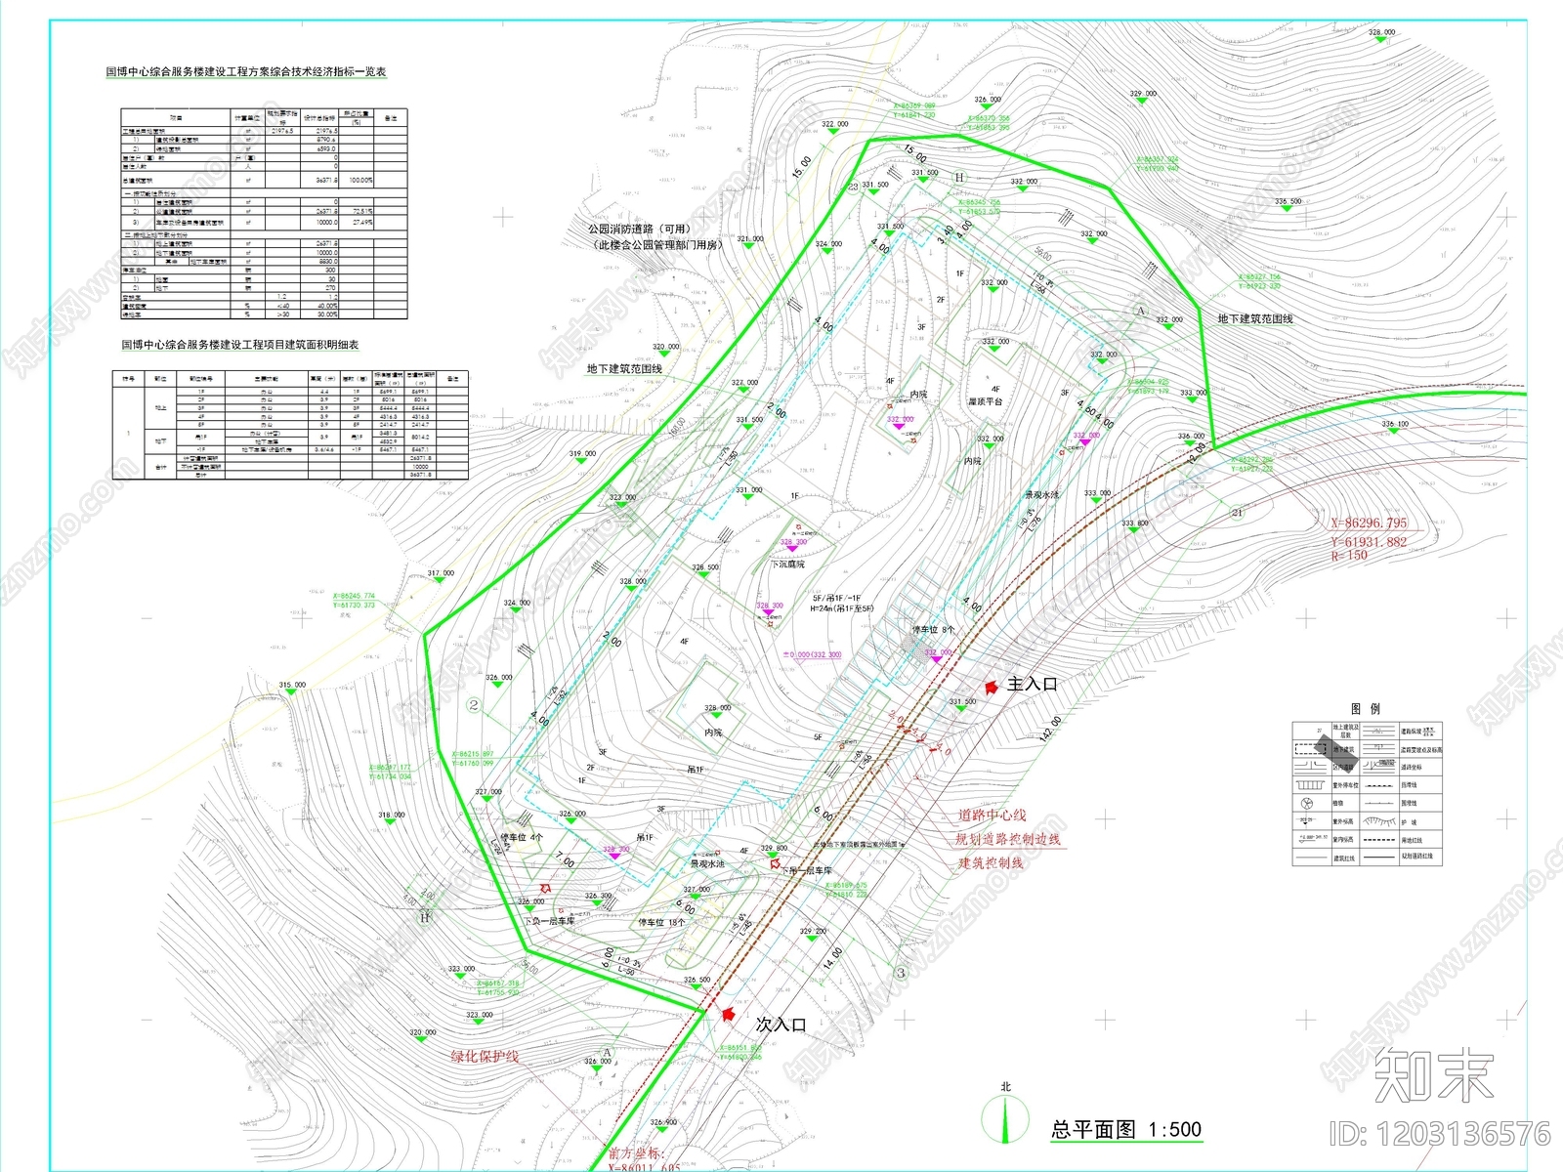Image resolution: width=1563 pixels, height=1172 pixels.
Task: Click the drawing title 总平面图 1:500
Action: [1125, 1130]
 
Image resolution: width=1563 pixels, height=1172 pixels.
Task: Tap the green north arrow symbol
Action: [1006, 1117]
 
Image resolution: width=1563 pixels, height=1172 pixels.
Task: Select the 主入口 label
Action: [1032, 685]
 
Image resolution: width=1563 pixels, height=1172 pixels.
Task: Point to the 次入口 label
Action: [781, 1025]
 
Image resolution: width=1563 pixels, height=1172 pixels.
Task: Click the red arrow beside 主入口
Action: [991, 687]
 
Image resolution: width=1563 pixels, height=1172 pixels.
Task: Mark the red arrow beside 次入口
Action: [727, 1015]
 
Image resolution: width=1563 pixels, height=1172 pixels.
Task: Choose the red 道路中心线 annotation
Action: [992, 815]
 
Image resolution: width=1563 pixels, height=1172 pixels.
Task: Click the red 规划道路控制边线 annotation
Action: [1007, 839]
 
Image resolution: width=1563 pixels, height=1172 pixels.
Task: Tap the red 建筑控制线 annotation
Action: [991, 862]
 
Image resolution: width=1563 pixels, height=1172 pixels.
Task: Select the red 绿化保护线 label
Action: [485, 1056]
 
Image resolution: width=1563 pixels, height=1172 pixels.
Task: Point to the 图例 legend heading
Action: [1366, 709]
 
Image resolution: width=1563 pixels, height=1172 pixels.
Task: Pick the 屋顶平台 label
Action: [985, 401]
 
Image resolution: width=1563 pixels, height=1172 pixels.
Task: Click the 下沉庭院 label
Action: [787, 565]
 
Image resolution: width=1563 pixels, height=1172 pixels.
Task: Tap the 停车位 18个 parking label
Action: [661, 922]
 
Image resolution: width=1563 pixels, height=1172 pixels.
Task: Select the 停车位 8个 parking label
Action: [933, 630]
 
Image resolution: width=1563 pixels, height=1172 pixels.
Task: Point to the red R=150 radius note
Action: [1349, 556]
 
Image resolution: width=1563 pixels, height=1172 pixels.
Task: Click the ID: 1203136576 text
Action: [1439, 1134]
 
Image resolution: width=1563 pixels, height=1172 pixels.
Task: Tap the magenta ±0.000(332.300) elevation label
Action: [812, 655]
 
